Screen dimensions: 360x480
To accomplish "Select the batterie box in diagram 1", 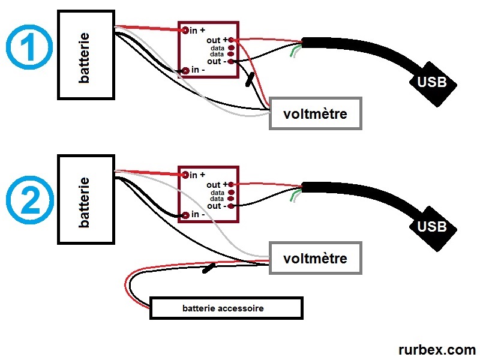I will click(86, 54).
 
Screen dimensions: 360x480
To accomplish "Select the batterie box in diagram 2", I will click(86, 199).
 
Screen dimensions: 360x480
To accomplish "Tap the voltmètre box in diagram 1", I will click(316, 113).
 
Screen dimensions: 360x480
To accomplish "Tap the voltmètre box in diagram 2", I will click(316, 259).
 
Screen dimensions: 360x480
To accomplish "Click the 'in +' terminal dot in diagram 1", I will click(185, 29).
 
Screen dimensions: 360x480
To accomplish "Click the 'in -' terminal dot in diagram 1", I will click(185, 71).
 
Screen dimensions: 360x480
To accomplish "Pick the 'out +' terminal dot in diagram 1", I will click(231, 40).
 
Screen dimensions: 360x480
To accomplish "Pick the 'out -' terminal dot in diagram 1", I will click(231, 61).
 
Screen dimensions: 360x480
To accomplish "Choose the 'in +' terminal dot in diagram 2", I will click(185, 175).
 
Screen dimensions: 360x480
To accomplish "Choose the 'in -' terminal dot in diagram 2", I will click(185, 215).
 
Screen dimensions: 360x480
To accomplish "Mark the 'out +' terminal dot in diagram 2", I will click(231, 184).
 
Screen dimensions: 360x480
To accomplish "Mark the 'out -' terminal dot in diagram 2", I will click(231, 206).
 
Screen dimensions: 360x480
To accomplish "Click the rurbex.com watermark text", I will click(436, 349).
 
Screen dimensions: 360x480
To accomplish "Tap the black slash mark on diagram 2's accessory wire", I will click(209, 268).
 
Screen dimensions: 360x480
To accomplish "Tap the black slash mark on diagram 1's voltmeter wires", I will click(249, 80).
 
